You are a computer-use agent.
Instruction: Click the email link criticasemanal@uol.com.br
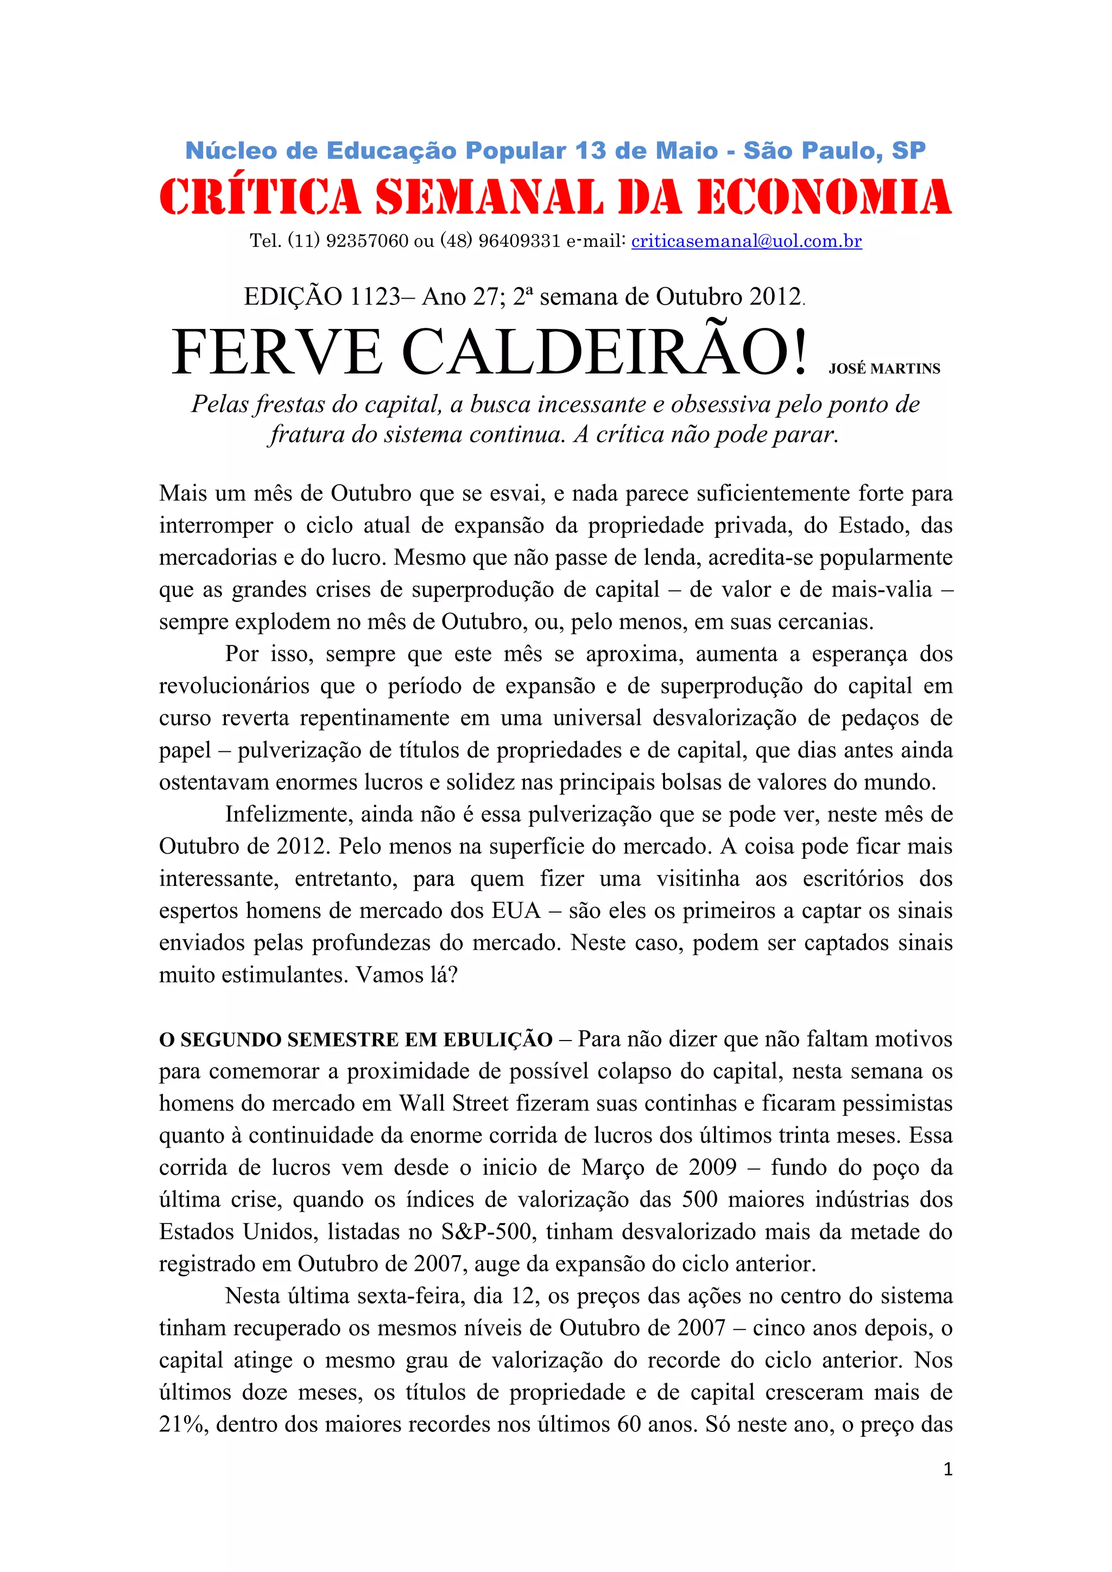pyautogui.click(x=747, y=241)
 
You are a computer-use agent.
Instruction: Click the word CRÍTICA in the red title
pyautogui.click(x=260, y=197)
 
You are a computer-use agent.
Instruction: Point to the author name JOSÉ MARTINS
pyautogui.click(x=884, y=369)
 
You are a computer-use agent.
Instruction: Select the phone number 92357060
pyautogui.click(x=367, y=241)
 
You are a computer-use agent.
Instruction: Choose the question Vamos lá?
pyautogui.click(x=406, y=975)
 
